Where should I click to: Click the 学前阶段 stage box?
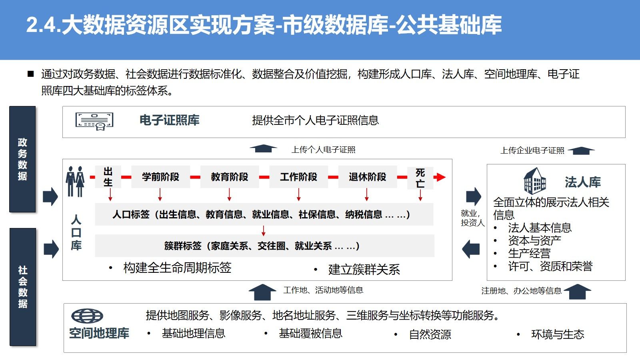(160, 177)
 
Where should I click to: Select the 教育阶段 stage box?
(229, 177)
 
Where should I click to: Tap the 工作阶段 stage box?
(298, 177)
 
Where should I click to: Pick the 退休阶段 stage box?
(367, 177)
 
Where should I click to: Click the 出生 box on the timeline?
(108, 177)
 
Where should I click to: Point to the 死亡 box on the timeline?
(420, 178)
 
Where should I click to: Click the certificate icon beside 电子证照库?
(94, 121)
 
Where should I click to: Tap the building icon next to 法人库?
(535, 181)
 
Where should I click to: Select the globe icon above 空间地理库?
(87, 316)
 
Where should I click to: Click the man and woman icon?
(75, 181)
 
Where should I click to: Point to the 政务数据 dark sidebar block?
(22, 159)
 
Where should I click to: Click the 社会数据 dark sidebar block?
(23, 287)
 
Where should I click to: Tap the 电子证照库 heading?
(169, 120)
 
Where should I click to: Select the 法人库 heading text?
(582, 182)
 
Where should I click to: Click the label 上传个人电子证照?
(323, 150)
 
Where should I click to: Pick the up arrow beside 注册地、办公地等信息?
(577, 292)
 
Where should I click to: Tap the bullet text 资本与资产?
(534, 240)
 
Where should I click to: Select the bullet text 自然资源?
(430, 334)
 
